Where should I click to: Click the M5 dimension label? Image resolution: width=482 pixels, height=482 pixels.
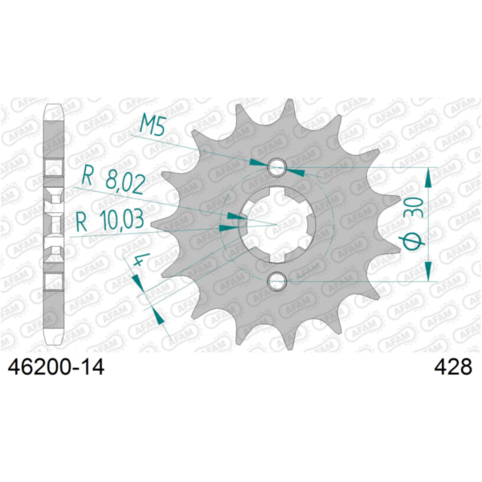click(153, 126)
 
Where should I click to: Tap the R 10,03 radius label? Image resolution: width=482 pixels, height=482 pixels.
click(110, 220)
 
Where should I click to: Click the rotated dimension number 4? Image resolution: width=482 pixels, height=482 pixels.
click(141, 259)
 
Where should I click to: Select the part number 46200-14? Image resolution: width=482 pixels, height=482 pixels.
click(56, 367)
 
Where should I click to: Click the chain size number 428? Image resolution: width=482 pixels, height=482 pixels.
click(453, 367)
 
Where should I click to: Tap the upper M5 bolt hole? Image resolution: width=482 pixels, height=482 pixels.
click(277, 167)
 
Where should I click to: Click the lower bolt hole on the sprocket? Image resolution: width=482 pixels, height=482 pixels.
click(277, 281)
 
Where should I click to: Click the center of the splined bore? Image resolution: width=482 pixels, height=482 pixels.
click(277, 224)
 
